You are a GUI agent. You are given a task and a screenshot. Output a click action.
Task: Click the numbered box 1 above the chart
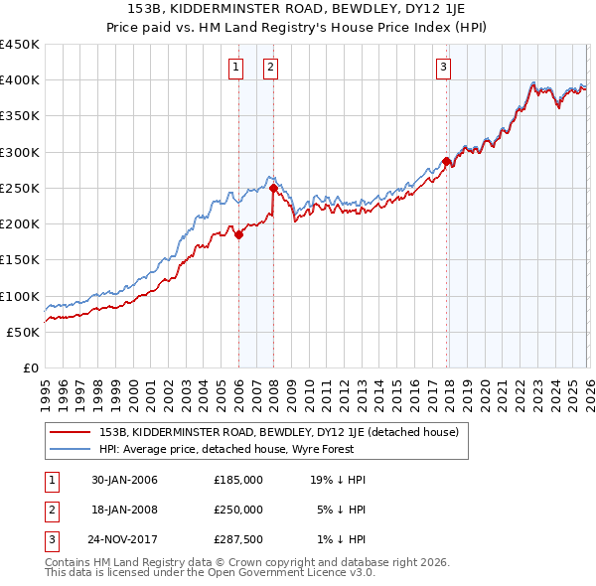tap(236, 68)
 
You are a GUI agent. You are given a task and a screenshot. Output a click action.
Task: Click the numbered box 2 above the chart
tap(270, 68)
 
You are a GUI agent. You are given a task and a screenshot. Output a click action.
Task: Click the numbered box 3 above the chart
tap(443, 68)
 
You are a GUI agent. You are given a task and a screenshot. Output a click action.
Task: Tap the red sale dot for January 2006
tap(238, 235)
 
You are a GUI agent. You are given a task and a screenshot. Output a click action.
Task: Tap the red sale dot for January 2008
tap(273, 188)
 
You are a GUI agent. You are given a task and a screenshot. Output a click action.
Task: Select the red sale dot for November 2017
tap(447, 161)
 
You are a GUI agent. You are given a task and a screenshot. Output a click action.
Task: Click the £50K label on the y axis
tap(24, 332)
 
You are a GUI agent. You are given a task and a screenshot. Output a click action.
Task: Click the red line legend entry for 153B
tap(278, 432)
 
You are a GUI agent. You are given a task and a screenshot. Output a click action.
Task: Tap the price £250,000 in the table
tap(238, 509)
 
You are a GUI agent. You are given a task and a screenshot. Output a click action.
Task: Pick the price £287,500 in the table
tap(238, 538)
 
